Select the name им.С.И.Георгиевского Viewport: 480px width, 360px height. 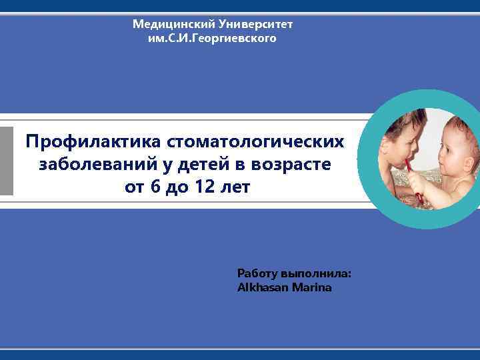(x=212, y=39)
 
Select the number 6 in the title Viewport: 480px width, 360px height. (x=156, y=187)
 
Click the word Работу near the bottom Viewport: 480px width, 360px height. (x=257, y=274)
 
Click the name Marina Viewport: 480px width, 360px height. (x=311, y=288)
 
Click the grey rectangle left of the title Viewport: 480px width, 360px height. (x=7, y=161)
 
